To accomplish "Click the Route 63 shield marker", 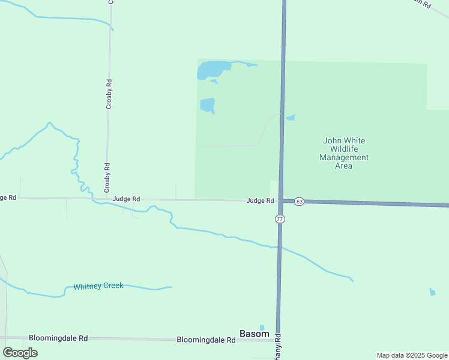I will [299, 202].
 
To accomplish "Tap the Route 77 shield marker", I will [280, 218].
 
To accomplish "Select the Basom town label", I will [254, 334].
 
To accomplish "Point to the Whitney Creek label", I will [98, 286].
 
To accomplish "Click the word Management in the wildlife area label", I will [344, 157].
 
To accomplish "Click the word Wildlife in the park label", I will [344, 149].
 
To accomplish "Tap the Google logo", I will [20, 352].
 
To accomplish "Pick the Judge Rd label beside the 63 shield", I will [260, 200].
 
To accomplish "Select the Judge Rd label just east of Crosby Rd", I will [126, 199].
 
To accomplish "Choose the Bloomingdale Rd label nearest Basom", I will [205, 339].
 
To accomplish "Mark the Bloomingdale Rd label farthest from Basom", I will [58, 338].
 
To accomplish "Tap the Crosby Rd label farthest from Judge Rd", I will [109, 94].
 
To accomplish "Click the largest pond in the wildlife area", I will [212, 70].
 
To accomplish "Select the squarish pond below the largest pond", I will [207, 105].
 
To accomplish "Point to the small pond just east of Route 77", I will [291, 117].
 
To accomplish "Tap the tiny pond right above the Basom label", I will [262, 327].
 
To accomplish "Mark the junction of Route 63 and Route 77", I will [282, 201].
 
